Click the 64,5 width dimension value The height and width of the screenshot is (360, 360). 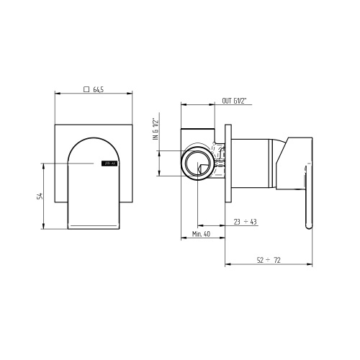pos(99,90)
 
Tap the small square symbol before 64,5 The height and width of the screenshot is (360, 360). pos(86,90)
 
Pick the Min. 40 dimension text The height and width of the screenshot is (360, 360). pos(202,235)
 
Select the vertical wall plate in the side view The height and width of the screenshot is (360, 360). pos(228,163)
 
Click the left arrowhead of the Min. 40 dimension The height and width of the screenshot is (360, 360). pos(182,240)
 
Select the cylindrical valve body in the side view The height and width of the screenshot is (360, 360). pos(256,165)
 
